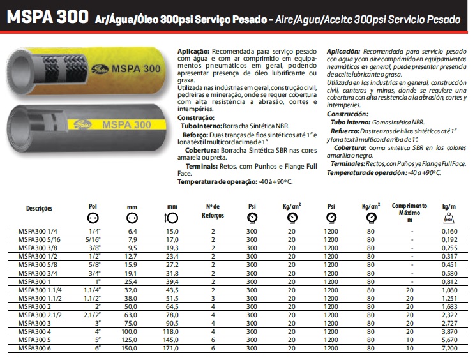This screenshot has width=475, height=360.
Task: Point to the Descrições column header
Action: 39,208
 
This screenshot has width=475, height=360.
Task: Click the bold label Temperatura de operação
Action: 216,181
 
